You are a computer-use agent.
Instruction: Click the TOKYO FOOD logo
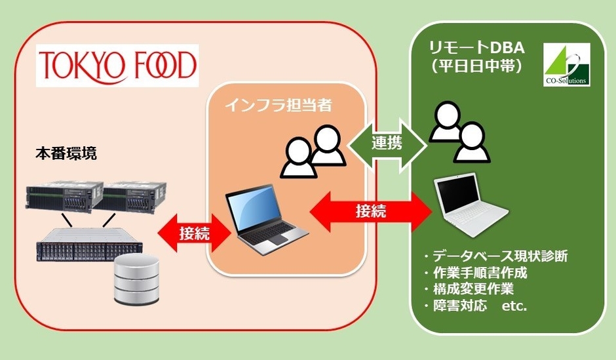click(117, 66)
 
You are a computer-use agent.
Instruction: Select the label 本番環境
click(66, 155)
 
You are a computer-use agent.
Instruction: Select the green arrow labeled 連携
click(386, 141)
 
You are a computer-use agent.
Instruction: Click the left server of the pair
click(62, 199)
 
